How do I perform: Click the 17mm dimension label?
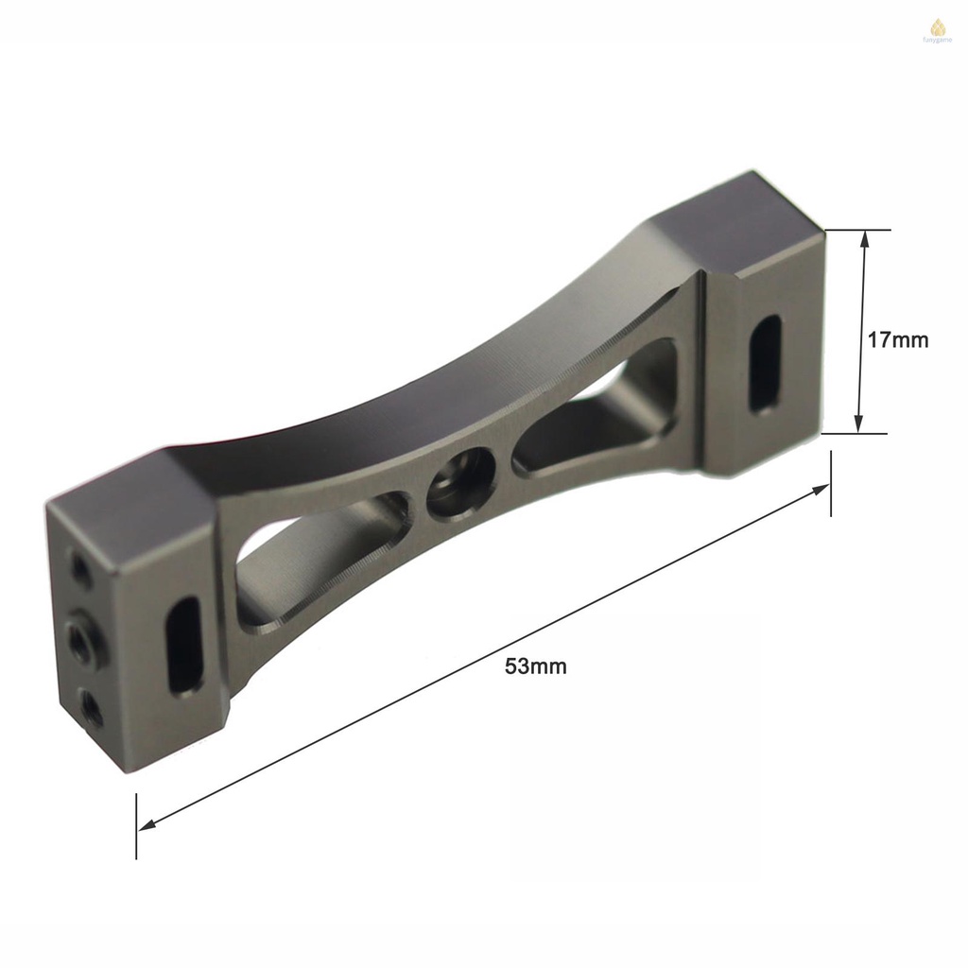[x=898, y=340]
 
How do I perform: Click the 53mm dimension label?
[x=536, y=666]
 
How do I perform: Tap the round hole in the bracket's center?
[x=461, y=482]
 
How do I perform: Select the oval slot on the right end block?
[x=765, y=364]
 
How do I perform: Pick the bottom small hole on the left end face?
[x=90, y=706]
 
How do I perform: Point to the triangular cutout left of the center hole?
[x=321, y=558]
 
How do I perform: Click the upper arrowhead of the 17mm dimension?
[x=862, y=240]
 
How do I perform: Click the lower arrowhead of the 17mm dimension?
[x=859, y=423]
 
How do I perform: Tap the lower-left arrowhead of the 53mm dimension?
[x=147, y=825]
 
